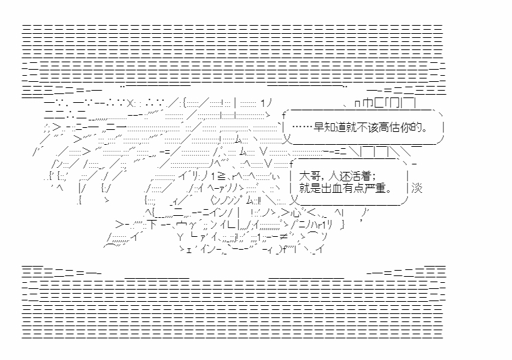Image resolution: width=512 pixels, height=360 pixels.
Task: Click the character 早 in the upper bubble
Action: pyautogui.click(x=319, y=127)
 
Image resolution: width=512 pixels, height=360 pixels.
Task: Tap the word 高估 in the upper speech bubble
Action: pyautogui.click(x=390, y=127)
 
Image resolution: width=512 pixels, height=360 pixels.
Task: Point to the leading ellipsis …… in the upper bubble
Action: pyautogui.click(x=302, y=127)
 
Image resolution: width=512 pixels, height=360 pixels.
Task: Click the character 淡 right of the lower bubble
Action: pyautogui.click(x=417, y=188)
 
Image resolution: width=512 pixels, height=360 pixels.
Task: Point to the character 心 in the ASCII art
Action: pyautogui.click(x=296, y=213)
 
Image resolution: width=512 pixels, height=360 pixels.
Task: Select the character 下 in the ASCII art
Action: pyautogui.click(x=152, y=225)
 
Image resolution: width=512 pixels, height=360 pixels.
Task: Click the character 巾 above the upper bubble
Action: pyautogui.click(x=368, y=104)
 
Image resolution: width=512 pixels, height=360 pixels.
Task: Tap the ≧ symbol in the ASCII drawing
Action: pyautogui.click(x=221, y=177)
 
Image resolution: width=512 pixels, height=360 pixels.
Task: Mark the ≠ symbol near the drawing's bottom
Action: pyautogui.click(x=283, y=237)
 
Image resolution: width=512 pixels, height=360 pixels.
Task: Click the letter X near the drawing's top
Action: pyautogui.click(x=130, y=104)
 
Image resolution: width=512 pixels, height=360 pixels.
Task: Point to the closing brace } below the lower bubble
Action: pyautogui.click(x=342, y=225)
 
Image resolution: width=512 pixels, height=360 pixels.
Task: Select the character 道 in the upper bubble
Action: pyautogui.click(x=341, y=127)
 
